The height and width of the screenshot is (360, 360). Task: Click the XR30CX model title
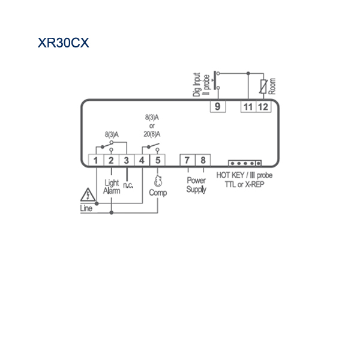click(x=63, y=43)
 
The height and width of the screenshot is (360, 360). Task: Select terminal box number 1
click(x=96, y=160)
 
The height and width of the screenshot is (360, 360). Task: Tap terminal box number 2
click(x=111, y=160)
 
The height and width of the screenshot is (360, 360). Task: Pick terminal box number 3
click(x=127, y=160)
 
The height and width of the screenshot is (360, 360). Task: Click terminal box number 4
click(x=142, y=160)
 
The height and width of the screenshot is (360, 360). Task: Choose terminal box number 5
click(x=157, y=160)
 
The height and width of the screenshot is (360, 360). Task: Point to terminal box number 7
click(x=187, y=160)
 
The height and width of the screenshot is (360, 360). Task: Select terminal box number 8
click(x=203, y=160)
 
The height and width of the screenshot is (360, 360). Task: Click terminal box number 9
click(x=218, y=107)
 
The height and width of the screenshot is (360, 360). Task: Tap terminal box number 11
click(x=248, y=107)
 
